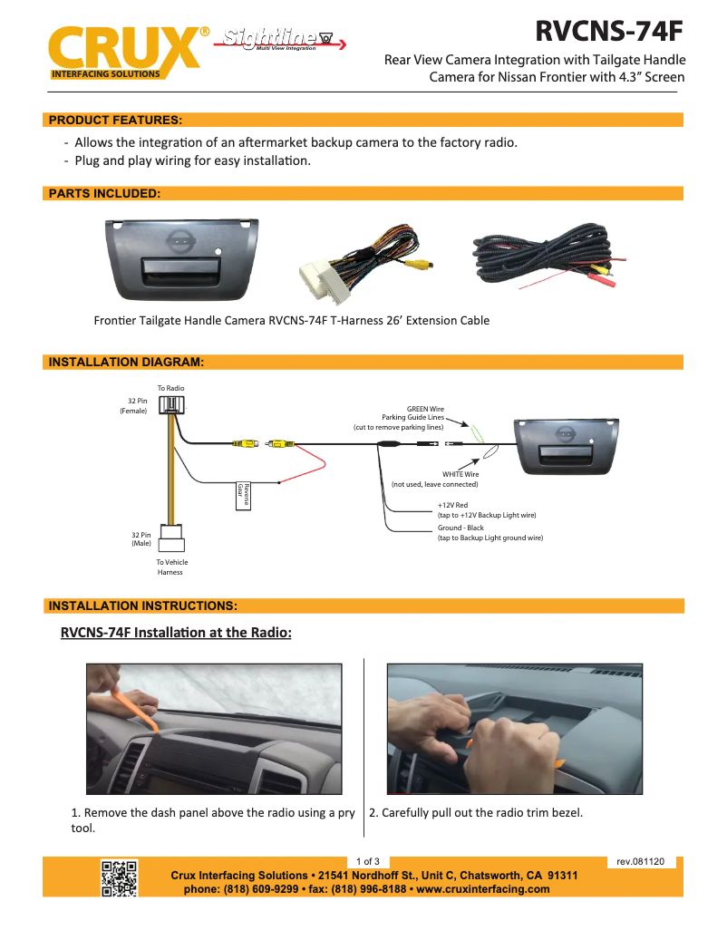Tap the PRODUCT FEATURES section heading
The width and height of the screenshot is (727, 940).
(115, 120)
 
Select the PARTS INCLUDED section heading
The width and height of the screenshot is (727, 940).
(105, 193)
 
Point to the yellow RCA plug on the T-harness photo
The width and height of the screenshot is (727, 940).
(419, 266)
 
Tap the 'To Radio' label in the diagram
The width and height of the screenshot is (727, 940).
(170, 388)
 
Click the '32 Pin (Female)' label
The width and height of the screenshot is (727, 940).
(133, 405)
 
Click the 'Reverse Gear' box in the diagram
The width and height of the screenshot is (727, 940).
(242, 497)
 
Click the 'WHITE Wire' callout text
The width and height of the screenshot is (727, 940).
(460, 474)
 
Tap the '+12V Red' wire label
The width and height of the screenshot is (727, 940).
(452, 505)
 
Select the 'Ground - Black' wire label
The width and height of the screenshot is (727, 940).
(460, 528)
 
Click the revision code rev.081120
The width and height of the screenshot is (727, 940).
(640, 861)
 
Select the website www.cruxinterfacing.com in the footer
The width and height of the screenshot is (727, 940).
(483, 889)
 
